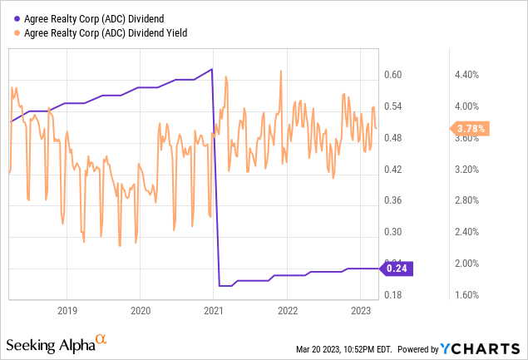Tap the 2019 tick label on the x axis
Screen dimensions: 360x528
click(x=67, y=311)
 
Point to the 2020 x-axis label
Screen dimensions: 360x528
click(x=141, y=311)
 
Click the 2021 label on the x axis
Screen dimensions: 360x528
click(x=214, y=311)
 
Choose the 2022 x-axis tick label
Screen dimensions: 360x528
click(x=287, y=311)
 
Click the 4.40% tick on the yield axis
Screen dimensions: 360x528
click(x=465, y=75)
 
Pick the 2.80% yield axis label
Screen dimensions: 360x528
click(x=465, y=200)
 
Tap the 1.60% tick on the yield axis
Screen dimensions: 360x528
click(x=465, y=295)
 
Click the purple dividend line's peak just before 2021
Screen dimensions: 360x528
click(x=212, y=69)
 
